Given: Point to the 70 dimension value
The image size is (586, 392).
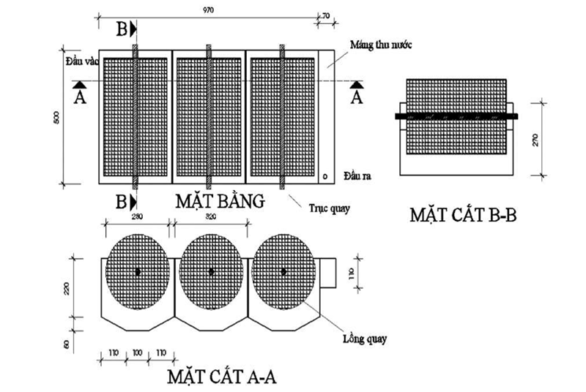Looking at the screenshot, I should click(x=327, y=13).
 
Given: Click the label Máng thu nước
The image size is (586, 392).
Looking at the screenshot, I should click(x=381, y=45).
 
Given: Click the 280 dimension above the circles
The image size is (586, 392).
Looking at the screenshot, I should click(x=136, y=216).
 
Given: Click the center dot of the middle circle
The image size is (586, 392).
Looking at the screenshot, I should click(x=211, y=272).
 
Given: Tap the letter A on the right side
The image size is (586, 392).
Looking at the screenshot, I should click(x=357, y=95).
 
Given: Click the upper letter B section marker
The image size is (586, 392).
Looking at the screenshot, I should click(x=122, y=29).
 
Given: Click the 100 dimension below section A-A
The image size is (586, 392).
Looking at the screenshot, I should click(x=137, y=353).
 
